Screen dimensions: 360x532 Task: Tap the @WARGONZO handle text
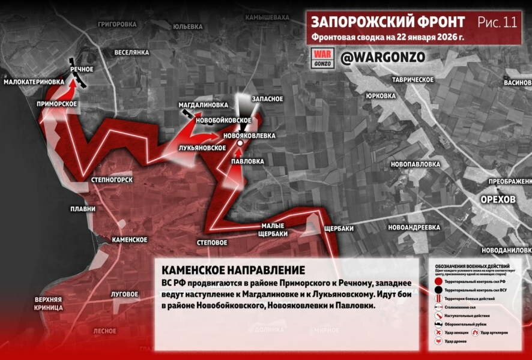click(x=383, y=58)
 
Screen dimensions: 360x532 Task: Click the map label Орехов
click(x=498, y=199)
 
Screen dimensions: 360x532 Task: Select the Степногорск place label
click(x=111, y=179)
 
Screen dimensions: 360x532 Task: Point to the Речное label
click(x=82, y=70)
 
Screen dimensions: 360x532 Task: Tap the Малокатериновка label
click(x=34, y=82)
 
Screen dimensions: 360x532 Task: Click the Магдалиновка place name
click(x=204, y=105)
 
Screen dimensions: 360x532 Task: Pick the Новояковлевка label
click(x=249, y=136)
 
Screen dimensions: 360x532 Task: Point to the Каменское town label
click(x=130, y=239)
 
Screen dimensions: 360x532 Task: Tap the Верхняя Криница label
click(x=49, y=303)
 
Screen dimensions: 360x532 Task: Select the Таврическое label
click(x=413, y=79)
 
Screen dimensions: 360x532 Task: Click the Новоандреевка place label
click(x=414, y=227)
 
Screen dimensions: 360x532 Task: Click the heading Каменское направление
click(x=233, y=270)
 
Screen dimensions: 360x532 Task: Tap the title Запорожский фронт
click(x=387, y=22)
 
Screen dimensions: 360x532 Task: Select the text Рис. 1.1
click(x=497, y=23)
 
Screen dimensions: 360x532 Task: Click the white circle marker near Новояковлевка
click(x=239, y=144)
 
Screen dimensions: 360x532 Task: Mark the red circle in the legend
click(x=439, y=281)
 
